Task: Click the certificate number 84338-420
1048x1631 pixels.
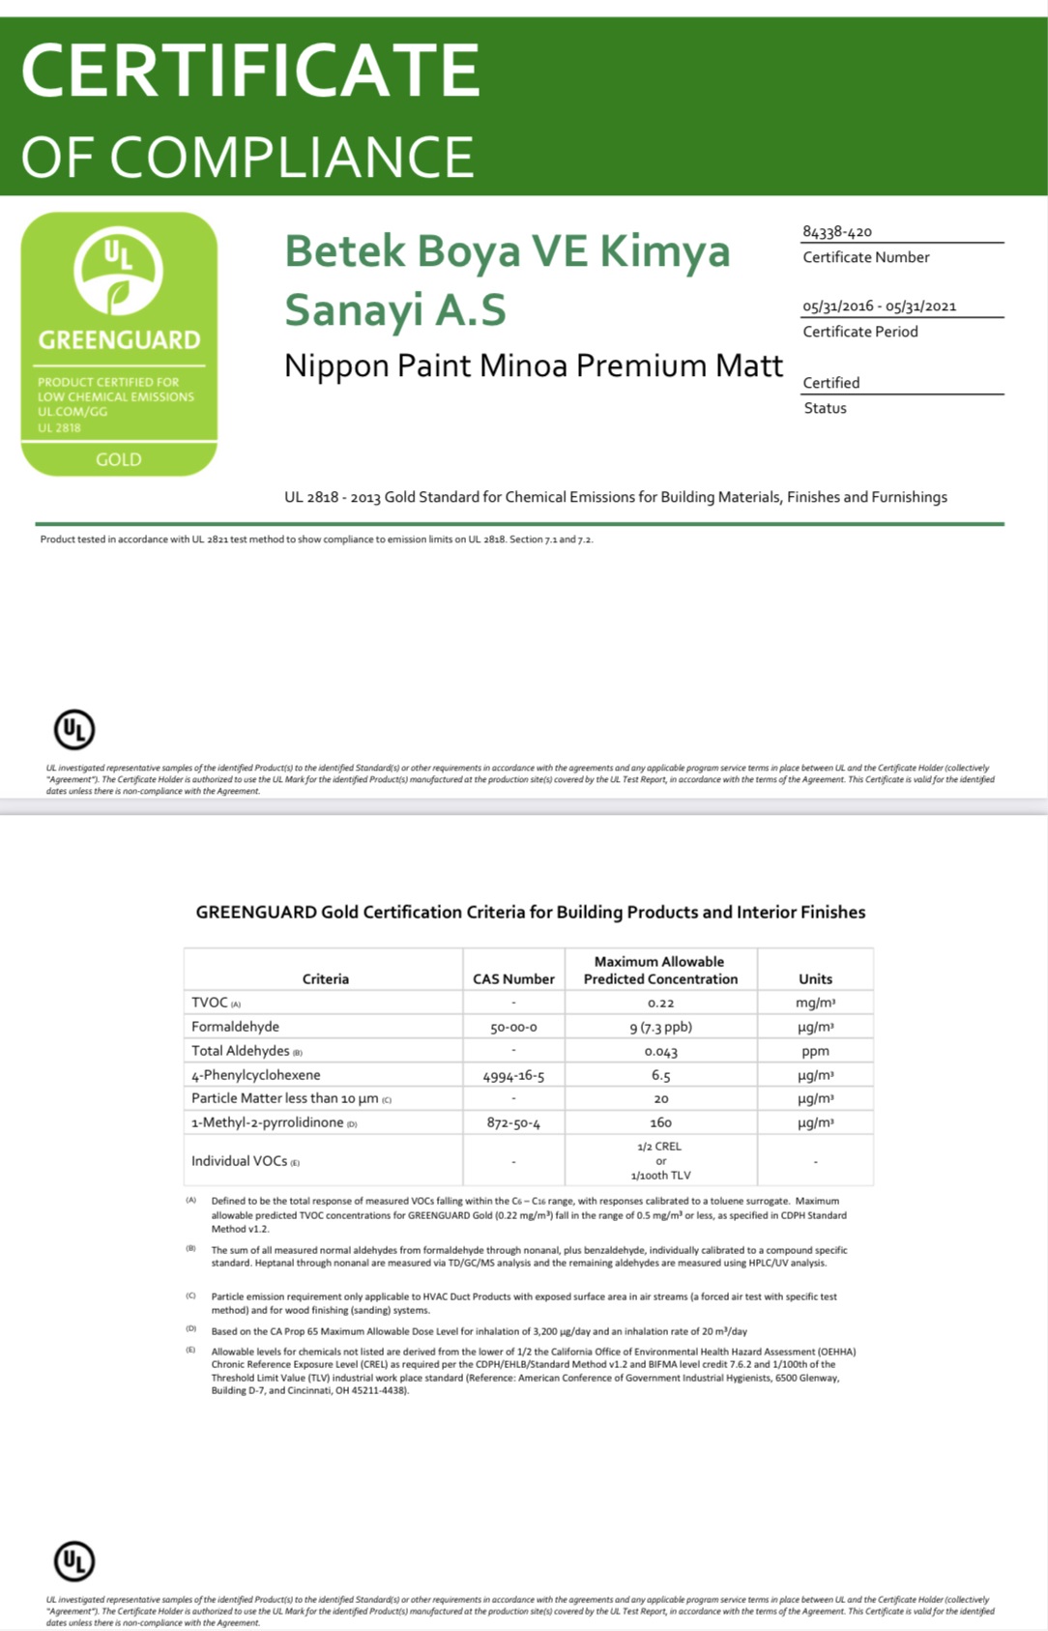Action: pyautogui.click(x=836, y=232)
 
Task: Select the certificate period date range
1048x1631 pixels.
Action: pyautogui.click(x=879, y=306)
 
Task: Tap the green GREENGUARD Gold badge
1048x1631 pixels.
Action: pyautogui.click(x=119, y=343)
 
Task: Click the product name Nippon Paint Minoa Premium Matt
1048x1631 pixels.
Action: pyautogui.click(x=533, y=366)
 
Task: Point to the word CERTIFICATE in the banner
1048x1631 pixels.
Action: pyautogui.click(x=250, y=70)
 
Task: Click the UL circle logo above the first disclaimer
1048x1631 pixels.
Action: pyautogui.click(x=74, y=730)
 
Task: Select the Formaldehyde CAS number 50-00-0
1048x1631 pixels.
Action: pyautogui.click(x=513, y=1028)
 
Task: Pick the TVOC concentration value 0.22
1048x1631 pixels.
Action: pyautogui.click(x=660, y=1004)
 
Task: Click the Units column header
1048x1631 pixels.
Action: pyautogui.click(x=815, y=979)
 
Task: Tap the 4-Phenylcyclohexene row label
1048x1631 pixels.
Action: pyautogui.click(x=255, y=1075)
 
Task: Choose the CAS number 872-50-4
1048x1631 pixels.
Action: pyautogui.click(x=513, y=1123)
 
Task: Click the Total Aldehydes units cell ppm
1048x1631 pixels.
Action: pyautogui.click(x=815, y=1052)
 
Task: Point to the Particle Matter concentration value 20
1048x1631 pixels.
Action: pyautogui.click(x=660, y=1099)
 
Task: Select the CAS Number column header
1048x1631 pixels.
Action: pyautogui.click(x=513, y=979)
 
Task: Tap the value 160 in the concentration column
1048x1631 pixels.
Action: pyautogui.click(x=660, y=1123)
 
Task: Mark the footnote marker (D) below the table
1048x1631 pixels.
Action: pyautogui.click(x=190, y=1329)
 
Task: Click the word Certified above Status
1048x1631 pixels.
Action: pyautogui.click(x=830, y=383)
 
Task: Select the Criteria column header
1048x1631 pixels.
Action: pyautogui.click(x=325, y=979)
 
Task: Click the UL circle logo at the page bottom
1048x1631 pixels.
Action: pyautogui.click(x=74, y=1560)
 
